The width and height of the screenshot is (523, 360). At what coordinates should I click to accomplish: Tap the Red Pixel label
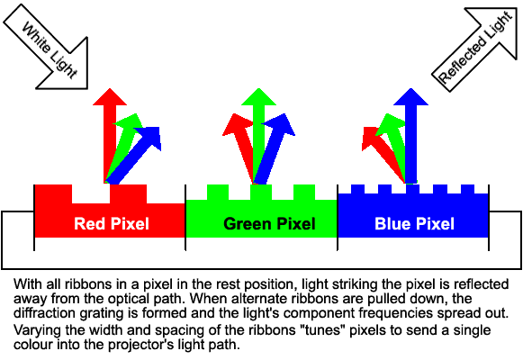[x=112, y=224]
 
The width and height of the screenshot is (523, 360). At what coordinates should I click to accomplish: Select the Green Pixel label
[x=269, y=224]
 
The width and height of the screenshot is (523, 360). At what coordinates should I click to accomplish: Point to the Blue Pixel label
[x=414, y=224]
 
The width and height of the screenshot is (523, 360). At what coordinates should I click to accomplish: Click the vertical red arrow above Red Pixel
[x=110, y=136]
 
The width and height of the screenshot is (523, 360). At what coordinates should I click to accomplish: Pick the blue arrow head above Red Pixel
[x=150, y=137]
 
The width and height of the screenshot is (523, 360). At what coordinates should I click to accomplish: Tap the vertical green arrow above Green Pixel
[x=259, y=136]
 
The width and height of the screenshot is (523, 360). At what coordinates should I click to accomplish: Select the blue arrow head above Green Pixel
[x=280, y=125]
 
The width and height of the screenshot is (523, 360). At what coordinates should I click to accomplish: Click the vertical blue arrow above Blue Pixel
[x=410, y=136]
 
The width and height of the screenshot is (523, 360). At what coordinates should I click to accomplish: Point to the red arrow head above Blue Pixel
[x=371, y=138]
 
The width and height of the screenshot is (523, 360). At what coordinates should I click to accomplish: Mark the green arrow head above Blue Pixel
[x=390, y=125]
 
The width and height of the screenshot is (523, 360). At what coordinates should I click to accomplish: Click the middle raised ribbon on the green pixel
[x=261, y=193]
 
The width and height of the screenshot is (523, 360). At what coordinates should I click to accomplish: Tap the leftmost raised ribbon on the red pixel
[x=53, y=194]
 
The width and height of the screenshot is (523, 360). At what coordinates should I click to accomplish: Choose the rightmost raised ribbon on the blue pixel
[x=467, y=189]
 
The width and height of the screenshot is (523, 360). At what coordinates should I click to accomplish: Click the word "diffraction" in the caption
[x=42, y=313]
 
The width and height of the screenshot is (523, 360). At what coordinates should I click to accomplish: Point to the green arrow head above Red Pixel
[x=130, y=122]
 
